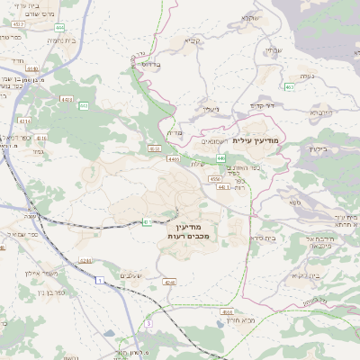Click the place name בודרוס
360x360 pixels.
(x=149, y=65)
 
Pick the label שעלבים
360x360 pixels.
(x=132, y=274)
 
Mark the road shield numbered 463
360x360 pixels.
(x=288, y=87)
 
